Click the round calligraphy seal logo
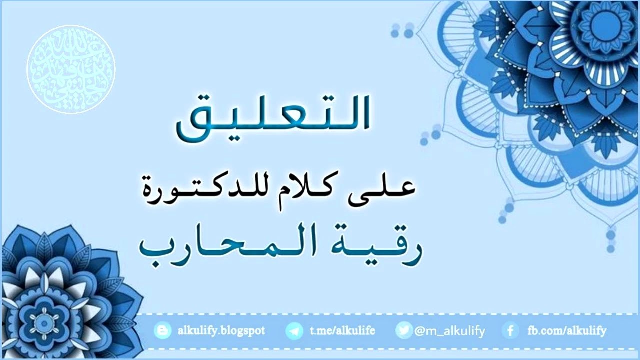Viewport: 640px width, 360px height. pyautogui.click(x=71, y=69)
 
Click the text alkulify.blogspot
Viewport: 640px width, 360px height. pyautogui.click(x=221, y=330)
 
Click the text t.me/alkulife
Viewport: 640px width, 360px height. pyautogui.click(x=342, y=330)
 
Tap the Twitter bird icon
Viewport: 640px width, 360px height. pyautogui.click(x=404, y=330)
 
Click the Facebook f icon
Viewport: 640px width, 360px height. pyautogui.click(x=510, y=330)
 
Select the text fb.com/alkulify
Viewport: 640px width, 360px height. pyautogui.click(x=567, y=330)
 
